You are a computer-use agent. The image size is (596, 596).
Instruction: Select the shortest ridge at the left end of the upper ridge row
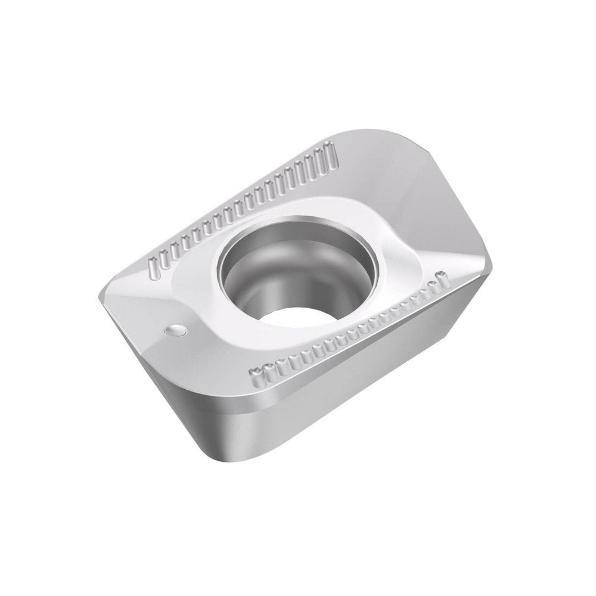(151, 263)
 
